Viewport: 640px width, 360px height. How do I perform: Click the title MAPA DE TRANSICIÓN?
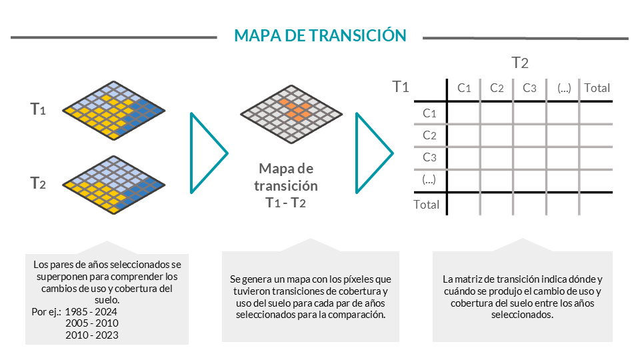320,35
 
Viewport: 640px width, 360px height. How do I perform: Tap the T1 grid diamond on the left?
114,110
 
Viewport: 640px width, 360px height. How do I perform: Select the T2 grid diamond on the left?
114,185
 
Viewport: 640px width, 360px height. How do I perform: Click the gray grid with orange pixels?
291,114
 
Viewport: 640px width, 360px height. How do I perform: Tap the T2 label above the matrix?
520,63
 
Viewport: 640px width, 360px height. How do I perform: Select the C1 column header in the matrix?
464,88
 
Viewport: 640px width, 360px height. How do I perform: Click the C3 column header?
529,88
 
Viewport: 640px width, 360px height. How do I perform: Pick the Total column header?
597,88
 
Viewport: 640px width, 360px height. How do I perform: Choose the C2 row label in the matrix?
429,135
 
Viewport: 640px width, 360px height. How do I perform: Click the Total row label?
427,205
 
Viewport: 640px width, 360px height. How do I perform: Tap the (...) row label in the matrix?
429,179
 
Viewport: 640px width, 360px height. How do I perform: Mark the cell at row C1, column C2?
497,113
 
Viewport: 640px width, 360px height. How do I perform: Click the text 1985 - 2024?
91,312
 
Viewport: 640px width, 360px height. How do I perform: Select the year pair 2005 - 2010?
92,323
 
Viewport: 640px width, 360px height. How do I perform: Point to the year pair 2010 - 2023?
92,335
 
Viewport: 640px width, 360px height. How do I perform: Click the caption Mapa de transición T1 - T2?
286,186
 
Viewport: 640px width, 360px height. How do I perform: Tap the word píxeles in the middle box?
359,279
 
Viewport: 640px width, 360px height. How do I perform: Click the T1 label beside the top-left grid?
38,109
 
